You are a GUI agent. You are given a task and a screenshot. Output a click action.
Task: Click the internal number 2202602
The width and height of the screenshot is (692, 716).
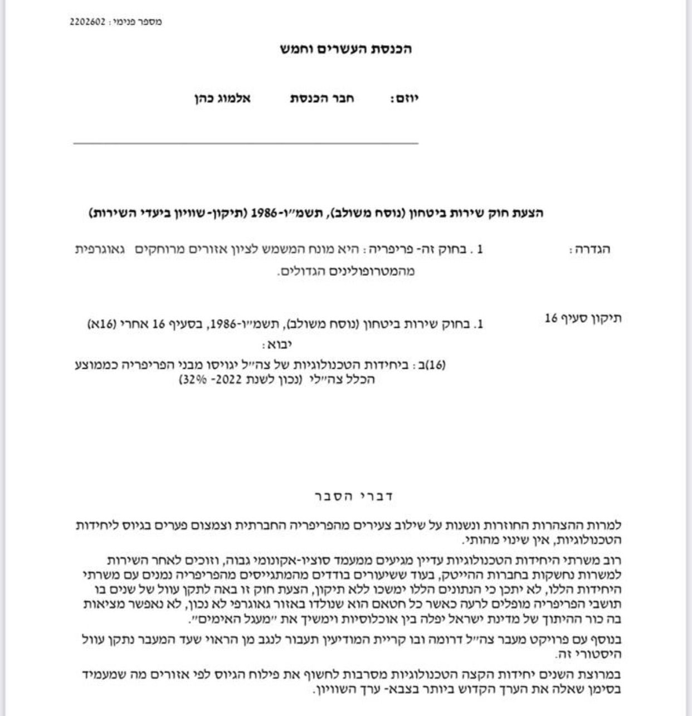tap(88, 22)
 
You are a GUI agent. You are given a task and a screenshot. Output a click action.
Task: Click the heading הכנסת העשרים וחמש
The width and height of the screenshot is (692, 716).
tap(345, 49)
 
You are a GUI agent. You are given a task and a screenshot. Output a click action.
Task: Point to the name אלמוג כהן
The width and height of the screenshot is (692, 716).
tap(222, 99)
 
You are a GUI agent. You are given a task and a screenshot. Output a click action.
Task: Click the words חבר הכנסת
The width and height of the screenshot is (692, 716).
tap(322, 99)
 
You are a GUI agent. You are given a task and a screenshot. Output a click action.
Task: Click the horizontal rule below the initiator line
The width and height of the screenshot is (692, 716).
tap(245, 144)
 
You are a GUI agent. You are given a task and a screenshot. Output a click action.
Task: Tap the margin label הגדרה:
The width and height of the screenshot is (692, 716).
tap(589, 250)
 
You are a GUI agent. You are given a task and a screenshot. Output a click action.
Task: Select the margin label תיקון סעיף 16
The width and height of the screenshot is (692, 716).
tap(582, 318)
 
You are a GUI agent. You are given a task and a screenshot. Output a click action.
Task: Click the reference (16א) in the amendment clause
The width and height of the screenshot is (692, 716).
tap(101, 324)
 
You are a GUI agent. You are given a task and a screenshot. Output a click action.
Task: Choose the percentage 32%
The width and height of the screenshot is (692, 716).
tap(190, 381)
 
